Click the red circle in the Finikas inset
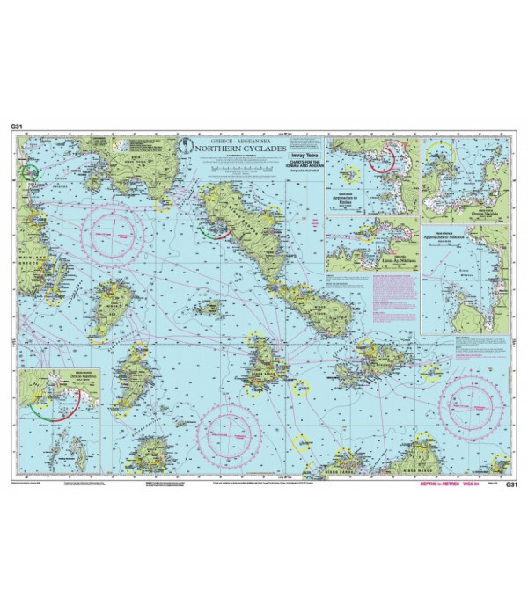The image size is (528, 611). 381,159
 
